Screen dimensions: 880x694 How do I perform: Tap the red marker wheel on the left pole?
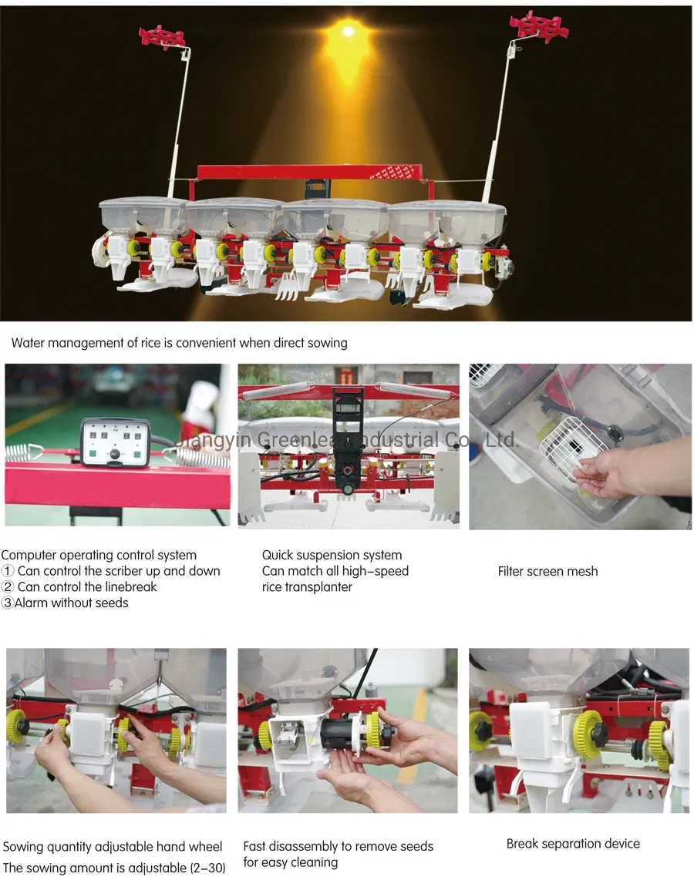[162, 35]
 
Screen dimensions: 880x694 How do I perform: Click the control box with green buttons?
[115, 442]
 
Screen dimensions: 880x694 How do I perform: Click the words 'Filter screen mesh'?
[547, 571]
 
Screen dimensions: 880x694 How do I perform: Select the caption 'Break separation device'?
[573, 843]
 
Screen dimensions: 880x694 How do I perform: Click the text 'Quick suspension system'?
[332, 555]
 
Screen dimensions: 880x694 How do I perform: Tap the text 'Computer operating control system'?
[99, 555]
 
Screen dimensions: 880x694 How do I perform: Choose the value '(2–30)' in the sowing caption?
[207, 868]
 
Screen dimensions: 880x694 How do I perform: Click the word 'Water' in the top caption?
[28, 342]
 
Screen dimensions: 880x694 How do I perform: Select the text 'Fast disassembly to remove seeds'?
[338, 846]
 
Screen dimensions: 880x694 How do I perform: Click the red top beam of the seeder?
[308, 171]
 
